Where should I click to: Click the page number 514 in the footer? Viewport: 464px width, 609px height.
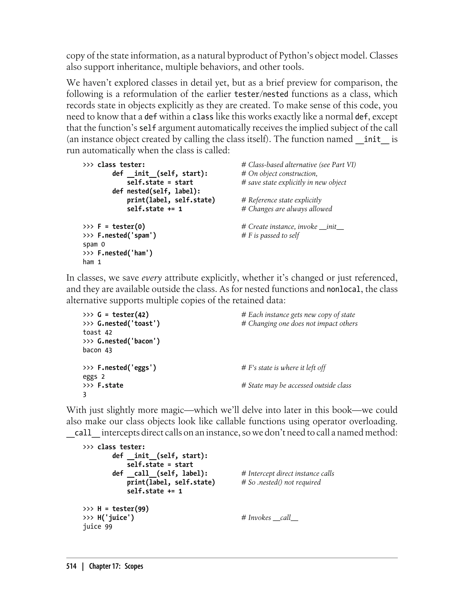(x=71, y=566)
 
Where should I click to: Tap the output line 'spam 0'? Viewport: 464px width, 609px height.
(x=94, y=244)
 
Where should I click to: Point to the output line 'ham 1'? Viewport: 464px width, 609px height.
(x=92, y=262)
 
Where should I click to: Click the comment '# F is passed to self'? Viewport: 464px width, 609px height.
(x=270, y=235)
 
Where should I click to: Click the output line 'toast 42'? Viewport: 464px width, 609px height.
(x=97, y=332)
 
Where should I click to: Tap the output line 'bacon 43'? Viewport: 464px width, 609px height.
(x=97, y=350)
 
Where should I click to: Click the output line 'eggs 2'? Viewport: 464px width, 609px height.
(x=94, y=377)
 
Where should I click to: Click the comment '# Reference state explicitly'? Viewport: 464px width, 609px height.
(x=281, y=200)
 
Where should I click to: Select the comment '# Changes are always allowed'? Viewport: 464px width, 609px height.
(x=286, y=209)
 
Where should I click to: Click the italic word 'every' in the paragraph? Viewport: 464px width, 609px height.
(x=151, y=278)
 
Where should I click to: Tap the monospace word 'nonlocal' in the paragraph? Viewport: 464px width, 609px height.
(x=343, y=289)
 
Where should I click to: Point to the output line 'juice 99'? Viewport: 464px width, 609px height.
(x=97, y=527)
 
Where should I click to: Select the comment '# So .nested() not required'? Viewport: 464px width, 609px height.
(x=281, y=482)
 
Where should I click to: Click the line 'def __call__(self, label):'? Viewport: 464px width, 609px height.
(x=160, y=473)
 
